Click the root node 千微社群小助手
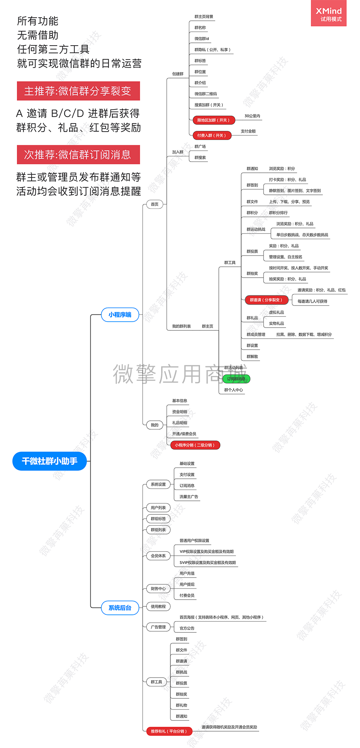50,461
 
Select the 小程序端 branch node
120,315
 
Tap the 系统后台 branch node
120,608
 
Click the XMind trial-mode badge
328,14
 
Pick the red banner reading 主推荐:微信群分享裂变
78,91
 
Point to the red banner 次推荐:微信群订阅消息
78,155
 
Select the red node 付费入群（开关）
212,135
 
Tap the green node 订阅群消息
236,379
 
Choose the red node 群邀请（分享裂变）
266,300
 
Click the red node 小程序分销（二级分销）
195,445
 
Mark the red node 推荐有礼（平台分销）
169,731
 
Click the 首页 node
154,204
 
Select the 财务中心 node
158,589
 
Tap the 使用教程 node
158,606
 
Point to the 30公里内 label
252,116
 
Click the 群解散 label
252,356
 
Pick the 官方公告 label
187,628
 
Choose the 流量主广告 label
189,497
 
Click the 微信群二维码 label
206,94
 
